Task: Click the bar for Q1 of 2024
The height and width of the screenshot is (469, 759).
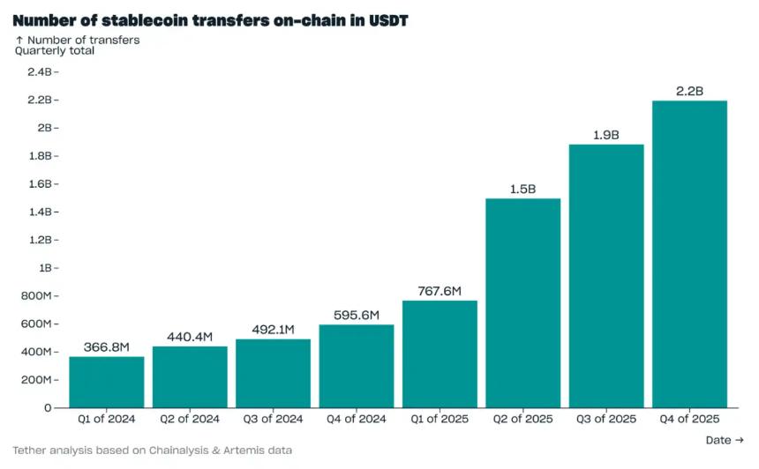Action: pos(106,382)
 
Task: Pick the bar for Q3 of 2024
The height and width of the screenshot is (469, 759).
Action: pos(273,373)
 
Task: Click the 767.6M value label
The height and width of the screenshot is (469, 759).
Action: pos(440,291)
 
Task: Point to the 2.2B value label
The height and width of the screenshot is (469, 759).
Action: pos(689,91)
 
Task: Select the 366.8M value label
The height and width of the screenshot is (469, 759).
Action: pos(106,346)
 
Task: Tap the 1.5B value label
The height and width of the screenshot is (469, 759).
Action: pos(522,189)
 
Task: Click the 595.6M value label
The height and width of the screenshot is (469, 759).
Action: pos(356,315)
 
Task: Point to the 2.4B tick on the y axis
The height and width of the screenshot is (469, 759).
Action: pos(40,71)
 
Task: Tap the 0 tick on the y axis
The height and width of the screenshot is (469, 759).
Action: pos(48,408)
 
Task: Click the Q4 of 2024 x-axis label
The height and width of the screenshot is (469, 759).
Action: pos(356,420)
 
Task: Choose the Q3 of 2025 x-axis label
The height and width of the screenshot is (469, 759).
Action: pos(605,420)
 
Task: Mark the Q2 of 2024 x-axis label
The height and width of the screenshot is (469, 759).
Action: pos(189,420)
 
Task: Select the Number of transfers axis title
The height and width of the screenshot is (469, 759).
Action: pos(83,40)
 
